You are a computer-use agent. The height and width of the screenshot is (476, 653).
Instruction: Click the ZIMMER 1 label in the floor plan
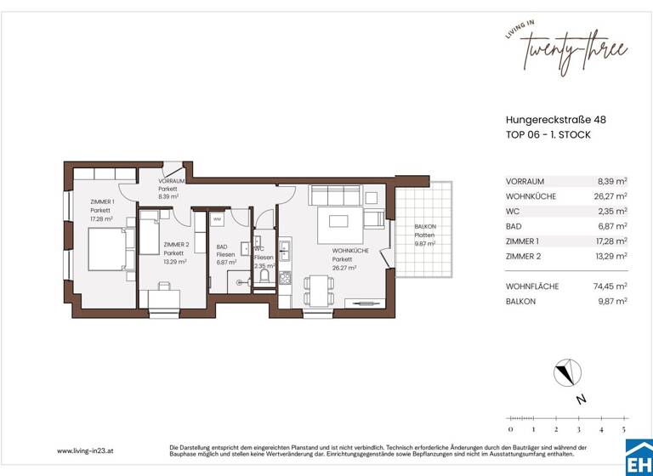pos(100,201)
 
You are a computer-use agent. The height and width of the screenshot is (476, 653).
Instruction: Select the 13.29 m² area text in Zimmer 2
pos(175,262)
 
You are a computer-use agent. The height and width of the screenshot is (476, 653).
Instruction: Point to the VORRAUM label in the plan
pos(173,182)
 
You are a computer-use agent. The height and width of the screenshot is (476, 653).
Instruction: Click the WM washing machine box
pos(217,219)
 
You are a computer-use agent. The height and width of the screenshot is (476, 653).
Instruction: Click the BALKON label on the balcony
pos(425,227)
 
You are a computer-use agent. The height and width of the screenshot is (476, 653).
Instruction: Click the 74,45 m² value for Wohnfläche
pos(610,286)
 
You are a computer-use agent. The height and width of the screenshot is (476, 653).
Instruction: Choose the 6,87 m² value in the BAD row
pos(612,226)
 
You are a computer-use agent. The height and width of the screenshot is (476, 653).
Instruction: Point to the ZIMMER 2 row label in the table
pos(524,256)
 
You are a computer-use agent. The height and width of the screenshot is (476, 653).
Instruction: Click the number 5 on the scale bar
pos(623,430)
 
